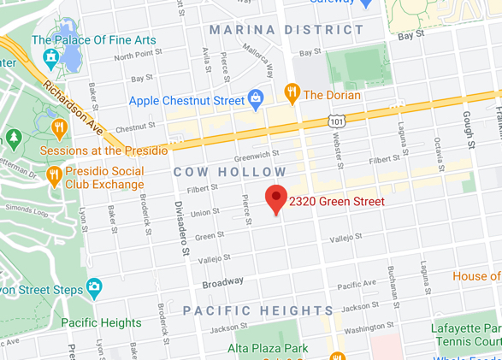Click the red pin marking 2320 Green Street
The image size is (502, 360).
(x=275, y=198)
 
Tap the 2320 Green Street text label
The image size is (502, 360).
(x=334, y=202)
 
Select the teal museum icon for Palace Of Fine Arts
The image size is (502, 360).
(x=50, y=58)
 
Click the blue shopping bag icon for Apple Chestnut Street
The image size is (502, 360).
(x=255, y=99)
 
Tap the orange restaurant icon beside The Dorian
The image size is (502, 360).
(x=292, y=93)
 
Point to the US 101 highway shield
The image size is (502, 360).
(x=337, y=122)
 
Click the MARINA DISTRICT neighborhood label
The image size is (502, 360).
(x=286, y=30)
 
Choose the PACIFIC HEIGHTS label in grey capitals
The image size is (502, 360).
(x=257, y=310)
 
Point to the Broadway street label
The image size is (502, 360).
(x=222, y=281)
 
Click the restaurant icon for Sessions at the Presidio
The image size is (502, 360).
(x=59, y=129)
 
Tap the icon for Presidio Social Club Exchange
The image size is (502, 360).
(x=53, y=175)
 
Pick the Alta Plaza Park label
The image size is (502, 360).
(x=268, y=348)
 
